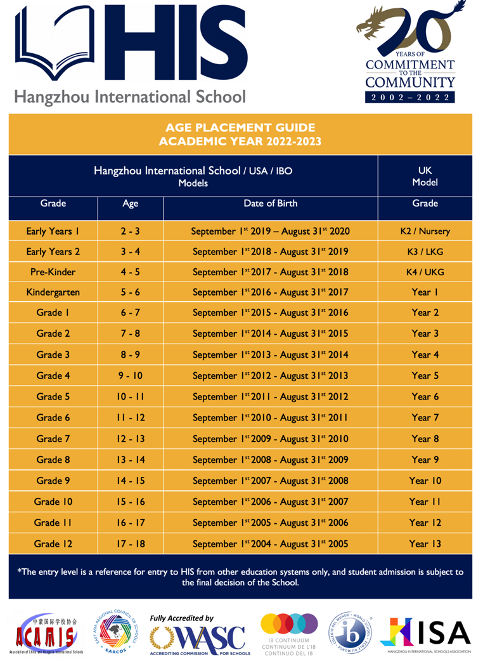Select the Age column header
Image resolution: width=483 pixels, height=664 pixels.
130,204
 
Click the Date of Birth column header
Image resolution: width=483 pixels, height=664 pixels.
270,204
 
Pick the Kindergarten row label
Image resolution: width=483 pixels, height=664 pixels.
53,293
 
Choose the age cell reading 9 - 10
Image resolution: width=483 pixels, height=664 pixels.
130,376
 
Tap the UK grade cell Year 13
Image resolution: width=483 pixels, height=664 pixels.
425,544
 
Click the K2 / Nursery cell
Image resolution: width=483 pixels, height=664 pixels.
425,231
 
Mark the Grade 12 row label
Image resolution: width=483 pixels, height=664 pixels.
53,544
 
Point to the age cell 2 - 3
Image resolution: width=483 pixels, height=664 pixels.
130,231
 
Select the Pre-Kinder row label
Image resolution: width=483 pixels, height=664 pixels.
53,272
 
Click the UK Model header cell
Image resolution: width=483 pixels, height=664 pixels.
425,176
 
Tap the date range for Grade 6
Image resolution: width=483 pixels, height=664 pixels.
270,418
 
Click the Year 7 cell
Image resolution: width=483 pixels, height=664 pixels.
425,418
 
